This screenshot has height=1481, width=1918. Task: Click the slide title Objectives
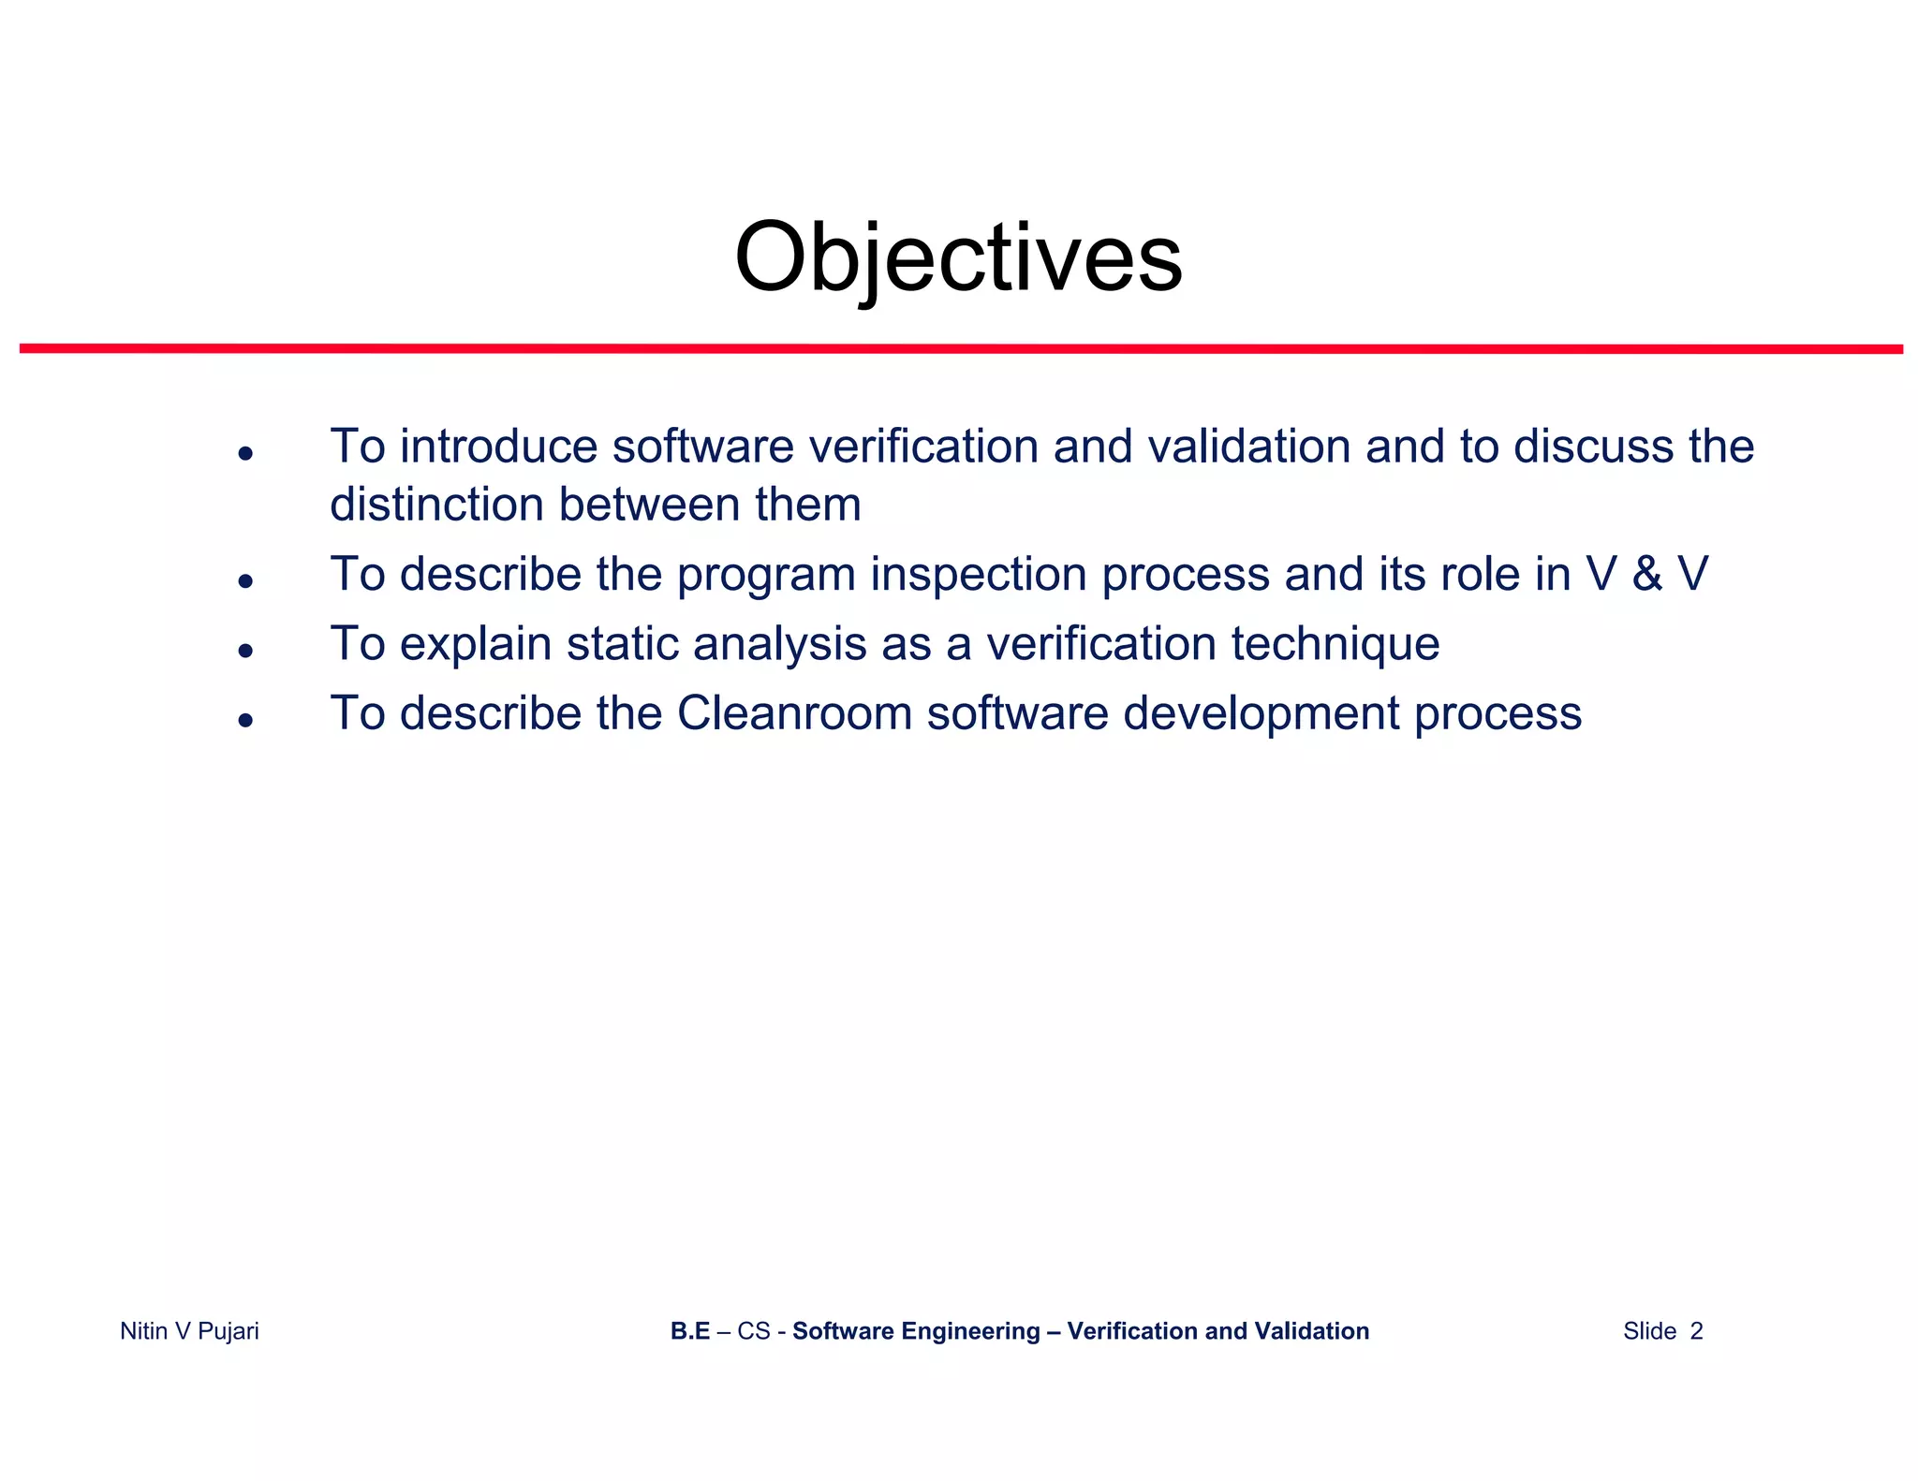pos(958,257)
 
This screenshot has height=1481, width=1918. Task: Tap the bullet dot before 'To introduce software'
pos(245,454)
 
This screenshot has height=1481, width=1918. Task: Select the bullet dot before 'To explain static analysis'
pos(245,651)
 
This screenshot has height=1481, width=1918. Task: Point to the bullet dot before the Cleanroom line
pos(245,720)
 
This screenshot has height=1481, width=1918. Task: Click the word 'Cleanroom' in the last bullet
pos(794,713)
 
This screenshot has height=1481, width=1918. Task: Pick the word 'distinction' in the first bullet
pos(436,505)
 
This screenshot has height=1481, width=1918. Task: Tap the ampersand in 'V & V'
pos(1646,574)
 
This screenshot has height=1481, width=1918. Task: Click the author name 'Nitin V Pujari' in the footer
pos(189,1331)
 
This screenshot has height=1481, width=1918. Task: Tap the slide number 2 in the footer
pos(1696,1331)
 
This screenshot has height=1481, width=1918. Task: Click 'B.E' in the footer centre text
pos(690,1331)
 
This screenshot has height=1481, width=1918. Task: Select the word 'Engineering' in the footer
pos(984,1331)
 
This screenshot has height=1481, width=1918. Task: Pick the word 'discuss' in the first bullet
pos(1593,447)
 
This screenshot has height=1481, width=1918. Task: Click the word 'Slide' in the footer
pos(1649,1331)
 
